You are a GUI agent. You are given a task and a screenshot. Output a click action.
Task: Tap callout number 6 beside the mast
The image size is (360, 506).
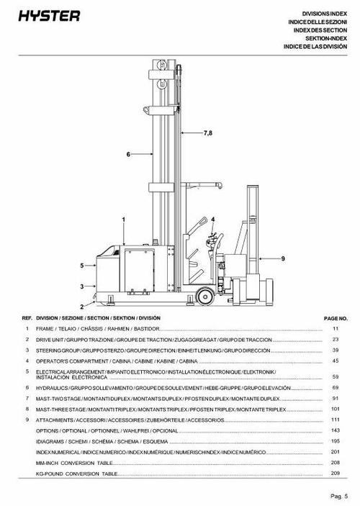click(128, 154)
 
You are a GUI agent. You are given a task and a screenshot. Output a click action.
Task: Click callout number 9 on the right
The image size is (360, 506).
click(283, 258)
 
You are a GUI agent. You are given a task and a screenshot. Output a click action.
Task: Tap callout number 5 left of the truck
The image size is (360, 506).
click(82, 266)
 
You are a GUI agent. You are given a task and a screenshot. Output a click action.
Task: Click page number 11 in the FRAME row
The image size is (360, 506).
click(335, 328)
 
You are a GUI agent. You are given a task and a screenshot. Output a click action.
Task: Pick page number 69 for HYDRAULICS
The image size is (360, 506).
click(335, 388)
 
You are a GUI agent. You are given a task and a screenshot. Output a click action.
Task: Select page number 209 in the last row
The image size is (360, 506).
click(335, 474)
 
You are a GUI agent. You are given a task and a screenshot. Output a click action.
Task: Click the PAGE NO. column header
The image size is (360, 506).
click(336, 317)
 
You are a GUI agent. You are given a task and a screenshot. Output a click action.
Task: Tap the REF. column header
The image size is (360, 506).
click(27, 317)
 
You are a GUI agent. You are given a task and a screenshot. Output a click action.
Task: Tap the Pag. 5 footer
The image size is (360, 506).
click(338, 496)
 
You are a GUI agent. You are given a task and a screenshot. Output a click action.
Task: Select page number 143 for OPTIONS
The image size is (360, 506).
click(335, 430)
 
